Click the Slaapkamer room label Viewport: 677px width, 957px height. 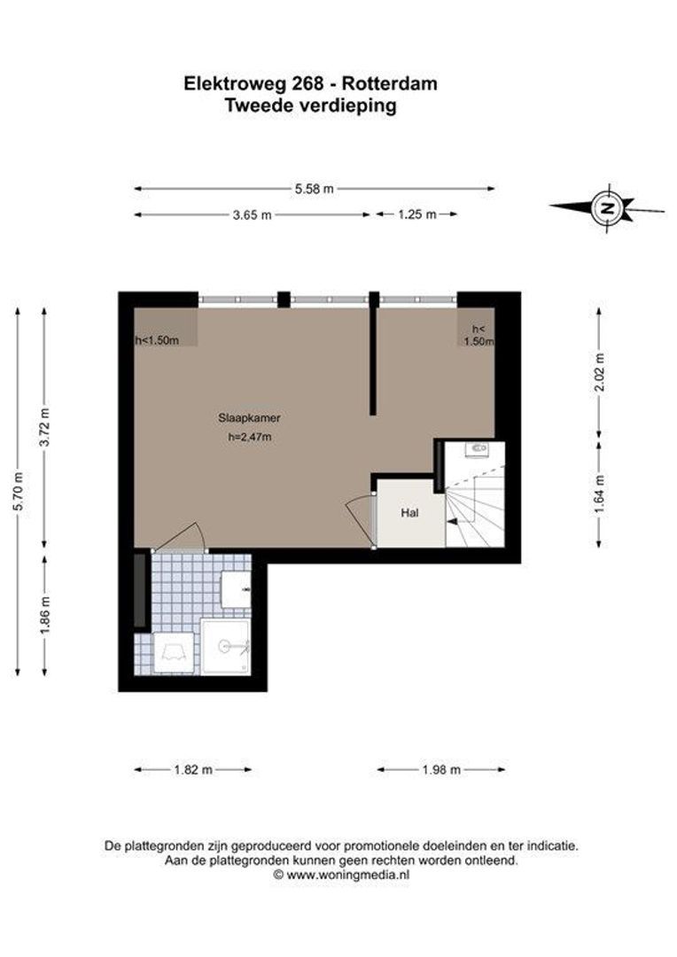pos(249,418)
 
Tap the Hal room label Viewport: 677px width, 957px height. pos(409,513)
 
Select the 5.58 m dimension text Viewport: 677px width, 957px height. pos(315,189)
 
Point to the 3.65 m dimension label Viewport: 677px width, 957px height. pos(253,214)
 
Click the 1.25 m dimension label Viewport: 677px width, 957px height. pos(417,214)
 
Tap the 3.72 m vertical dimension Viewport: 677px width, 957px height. pos(44,426)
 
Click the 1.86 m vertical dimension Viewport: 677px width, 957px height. pos(45,615)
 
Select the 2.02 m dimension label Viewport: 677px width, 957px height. pos(600,373)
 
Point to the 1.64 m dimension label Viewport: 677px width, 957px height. pos(600,494)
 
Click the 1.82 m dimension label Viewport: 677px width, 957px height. pos(193,770)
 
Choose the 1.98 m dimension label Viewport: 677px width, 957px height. pos(441,770)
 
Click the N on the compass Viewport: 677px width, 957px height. pos(607,207)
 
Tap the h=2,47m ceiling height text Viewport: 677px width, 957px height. pos(250,436)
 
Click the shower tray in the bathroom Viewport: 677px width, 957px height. pos(226,646)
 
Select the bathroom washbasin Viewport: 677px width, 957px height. pos(236,589)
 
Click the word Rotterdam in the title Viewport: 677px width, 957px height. pos(390,83)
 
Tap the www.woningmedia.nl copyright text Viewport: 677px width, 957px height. pos(341,875)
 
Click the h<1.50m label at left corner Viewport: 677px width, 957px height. pos(157,340)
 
